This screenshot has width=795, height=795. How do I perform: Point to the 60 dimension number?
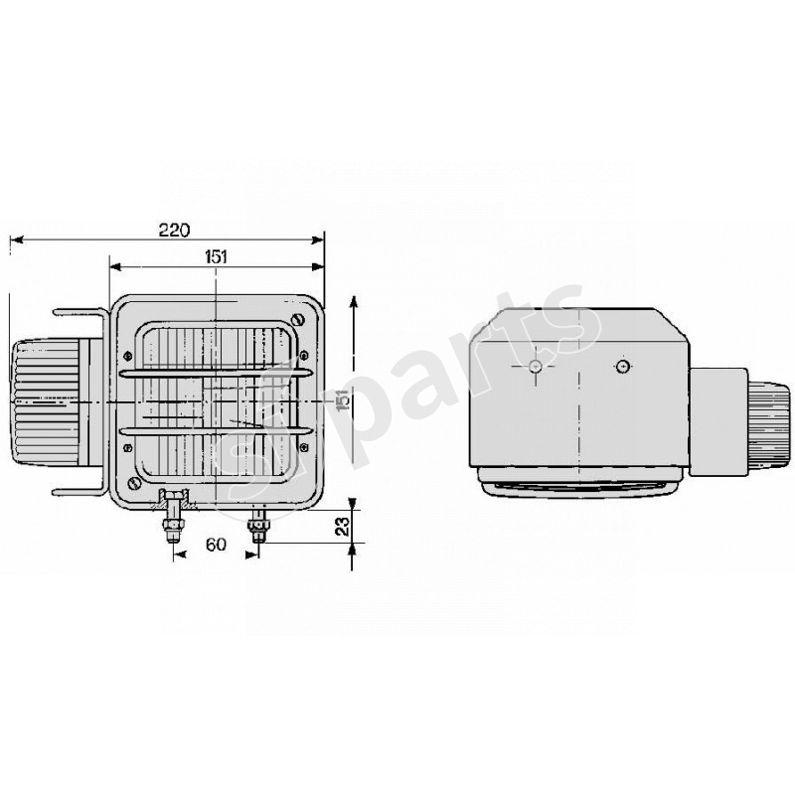coord(215,546)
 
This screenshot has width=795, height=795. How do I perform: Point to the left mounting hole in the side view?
coord(536,368)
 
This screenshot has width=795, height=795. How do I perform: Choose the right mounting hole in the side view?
coord(622,368)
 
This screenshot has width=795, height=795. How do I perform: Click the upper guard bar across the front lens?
coord(214,374)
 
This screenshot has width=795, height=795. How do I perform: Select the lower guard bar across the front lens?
coord(214,430)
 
